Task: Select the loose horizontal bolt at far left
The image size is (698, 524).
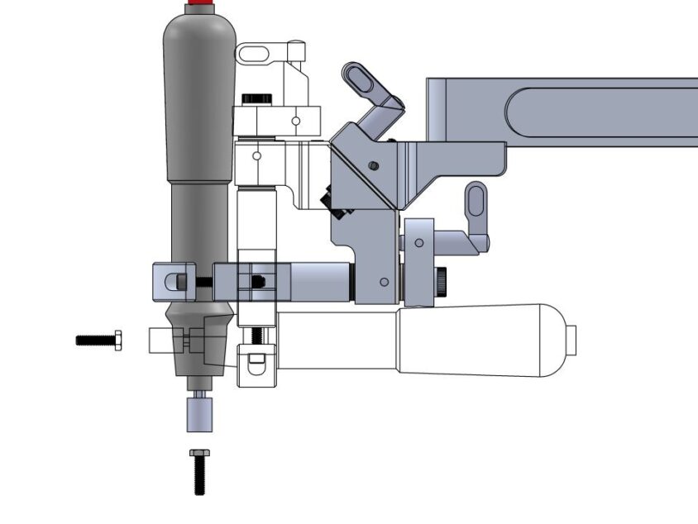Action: click(98, 340)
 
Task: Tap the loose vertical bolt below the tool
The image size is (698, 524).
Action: click(198, 472)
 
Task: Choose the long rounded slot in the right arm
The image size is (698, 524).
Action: click(604, 112)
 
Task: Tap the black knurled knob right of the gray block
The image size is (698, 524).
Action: click(442, 282)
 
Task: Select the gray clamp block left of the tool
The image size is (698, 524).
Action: click(173, 281)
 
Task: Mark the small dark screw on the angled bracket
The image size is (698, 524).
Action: click(374, 165)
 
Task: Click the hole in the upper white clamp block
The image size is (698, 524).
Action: click(296, 121)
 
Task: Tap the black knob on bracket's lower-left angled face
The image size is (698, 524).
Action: click(325, 202)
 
